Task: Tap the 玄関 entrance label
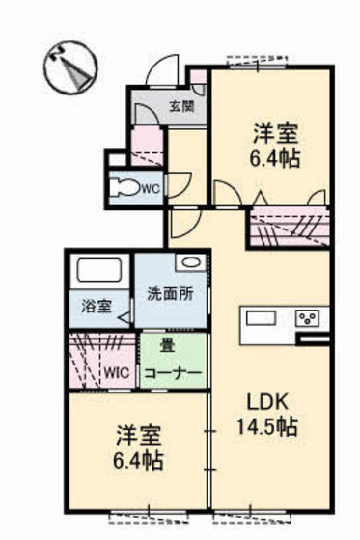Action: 180,106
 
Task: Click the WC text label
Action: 151,189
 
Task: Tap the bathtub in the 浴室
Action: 97,272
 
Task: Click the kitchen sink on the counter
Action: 261,319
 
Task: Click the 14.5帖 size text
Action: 266,426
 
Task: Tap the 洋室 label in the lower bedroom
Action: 132,435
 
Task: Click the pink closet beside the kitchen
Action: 288,228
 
